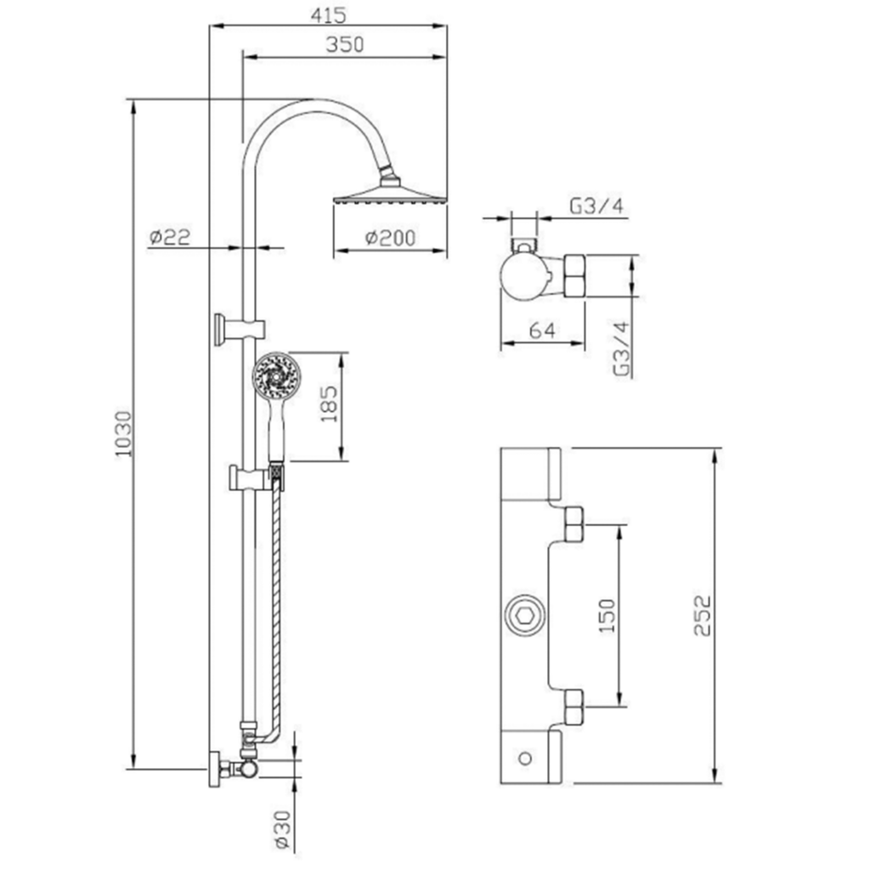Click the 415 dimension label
[328, 15]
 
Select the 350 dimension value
[345, 44]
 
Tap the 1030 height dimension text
[123, 434]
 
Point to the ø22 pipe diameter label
[170, 237]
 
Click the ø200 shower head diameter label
[390, 238]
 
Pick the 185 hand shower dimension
[329, 404]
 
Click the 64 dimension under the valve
[542, 330]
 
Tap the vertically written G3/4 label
[622, 348]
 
